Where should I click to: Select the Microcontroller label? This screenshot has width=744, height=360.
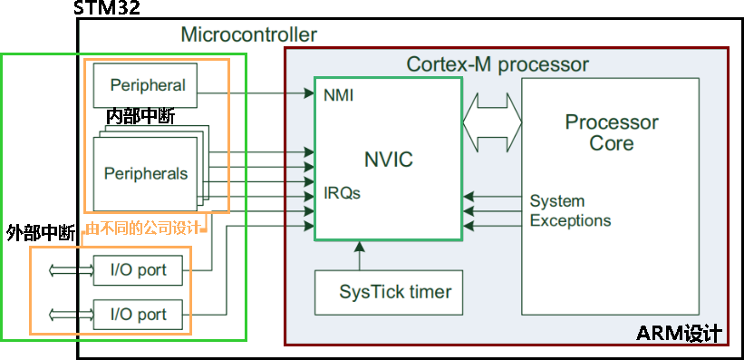point(248,35)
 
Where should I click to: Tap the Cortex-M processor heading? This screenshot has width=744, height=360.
point(498,64)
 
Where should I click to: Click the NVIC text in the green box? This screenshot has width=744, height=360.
point(388,161)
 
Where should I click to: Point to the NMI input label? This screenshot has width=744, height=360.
point(338,94)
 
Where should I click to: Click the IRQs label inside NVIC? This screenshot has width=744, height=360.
point(343,193)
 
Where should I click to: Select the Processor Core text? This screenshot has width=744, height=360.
point(612,132)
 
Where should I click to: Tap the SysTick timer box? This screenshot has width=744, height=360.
point(395,292)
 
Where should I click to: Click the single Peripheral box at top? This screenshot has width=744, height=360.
point(147,86)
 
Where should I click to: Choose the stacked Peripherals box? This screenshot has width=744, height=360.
point(146,172)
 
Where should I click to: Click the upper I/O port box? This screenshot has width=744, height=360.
point(139,269)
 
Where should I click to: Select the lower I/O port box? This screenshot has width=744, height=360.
point(139,315)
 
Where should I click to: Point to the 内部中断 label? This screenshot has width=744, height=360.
point(140,117)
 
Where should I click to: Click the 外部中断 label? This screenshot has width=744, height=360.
point(40,232)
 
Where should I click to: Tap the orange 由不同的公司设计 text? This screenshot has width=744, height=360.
point(145,229)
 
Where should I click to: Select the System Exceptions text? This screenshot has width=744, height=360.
point(570,210)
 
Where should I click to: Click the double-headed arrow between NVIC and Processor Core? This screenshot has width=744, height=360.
point(492,116)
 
